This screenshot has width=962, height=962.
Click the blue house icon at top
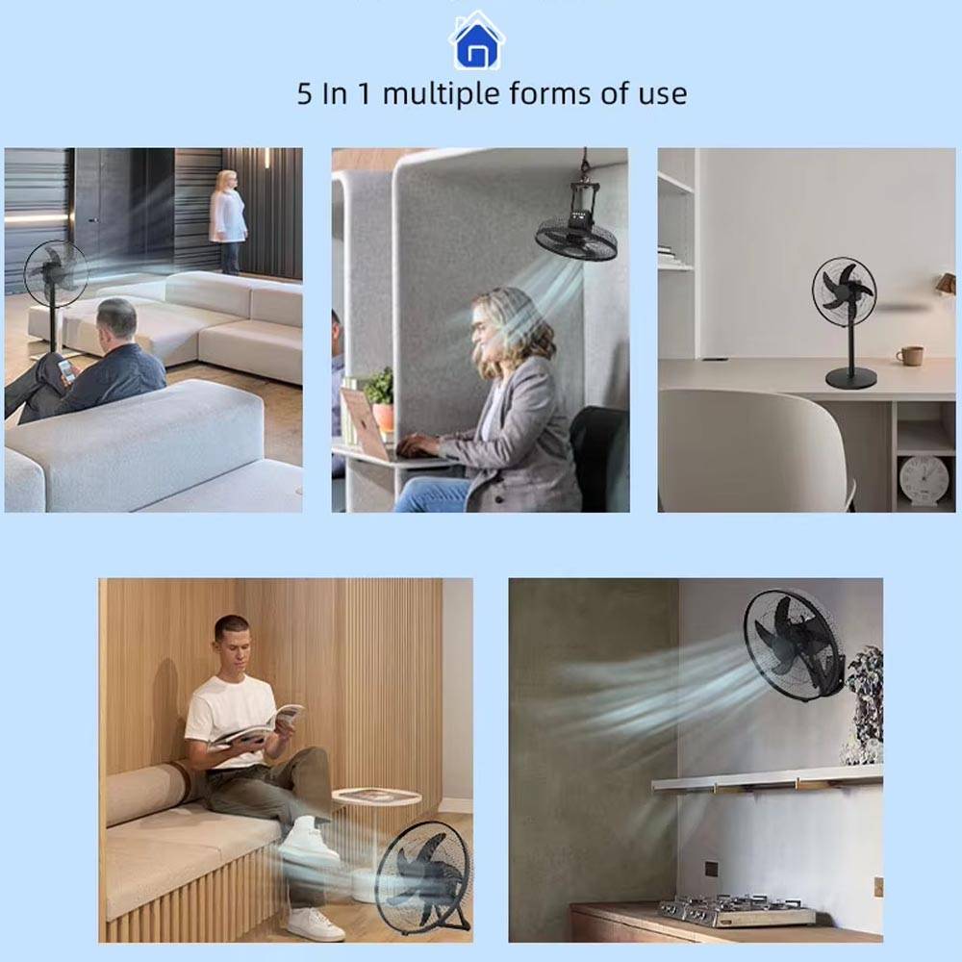click(x=477, y=41)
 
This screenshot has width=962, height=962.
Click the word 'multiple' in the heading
click(x=441, y=94)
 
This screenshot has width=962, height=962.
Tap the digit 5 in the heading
click(x=304, y=94)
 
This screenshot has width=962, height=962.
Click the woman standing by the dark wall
click(x=228, y=221)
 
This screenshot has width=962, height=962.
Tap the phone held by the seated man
click(x=66, y=370)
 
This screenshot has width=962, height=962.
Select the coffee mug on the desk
click(x=909, y=355)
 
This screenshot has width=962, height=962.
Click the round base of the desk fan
click(x=850, y=378)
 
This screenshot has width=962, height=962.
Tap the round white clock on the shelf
click(x=924, y=479)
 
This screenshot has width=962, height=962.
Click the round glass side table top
click(x=377, y=797)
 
